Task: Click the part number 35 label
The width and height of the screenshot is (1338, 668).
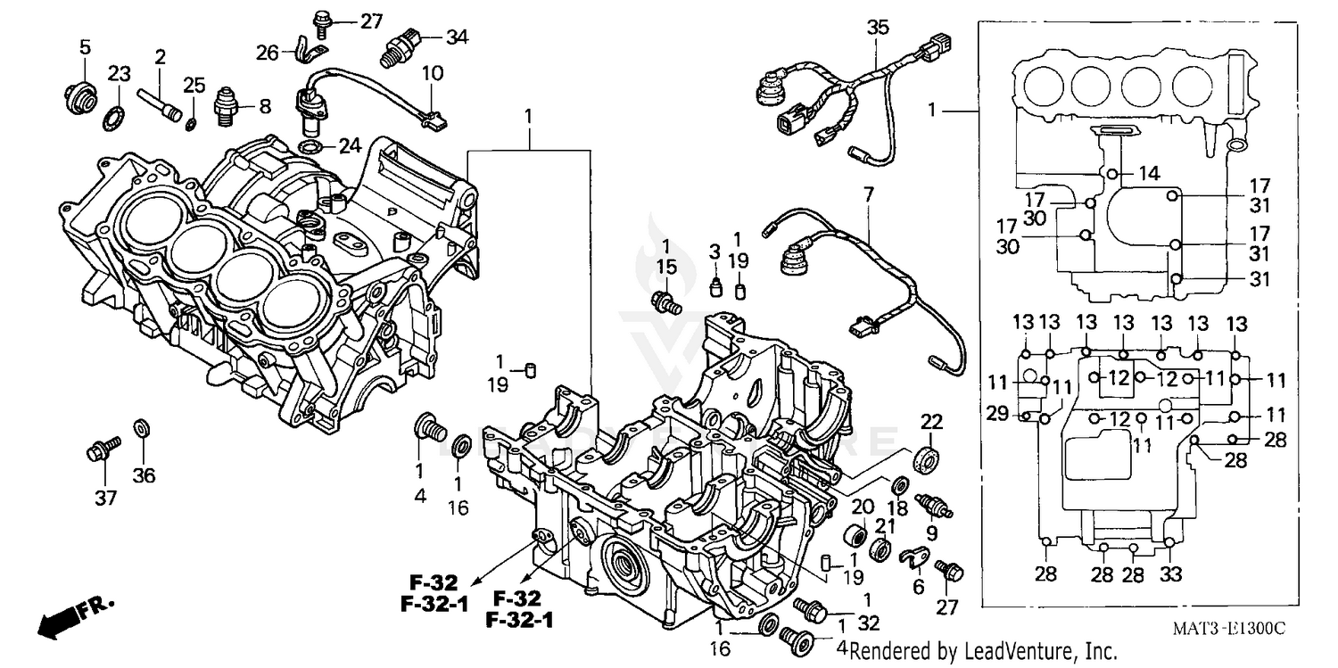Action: (x=878, y=28)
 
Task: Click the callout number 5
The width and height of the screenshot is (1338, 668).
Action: (x=85, y=46)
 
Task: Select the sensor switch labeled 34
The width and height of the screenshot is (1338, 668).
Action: (x=401, y=45)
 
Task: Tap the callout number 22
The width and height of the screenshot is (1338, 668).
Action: (x=930, y=421)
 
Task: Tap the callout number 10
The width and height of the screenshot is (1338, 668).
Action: (x=431, y=72)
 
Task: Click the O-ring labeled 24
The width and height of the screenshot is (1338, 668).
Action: (x=308, y=146)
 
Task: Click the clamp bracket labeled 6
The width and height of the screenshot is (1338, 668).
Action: (x=909, y=558)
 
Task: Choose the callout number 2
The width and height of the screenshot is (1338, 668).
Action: (x=160, y=57)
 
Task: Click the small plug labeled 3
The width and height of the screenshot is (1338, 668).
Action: (x=714, y=287)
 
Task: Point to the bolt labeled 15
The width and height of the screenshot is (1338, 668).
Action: (x=665, y=302)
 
